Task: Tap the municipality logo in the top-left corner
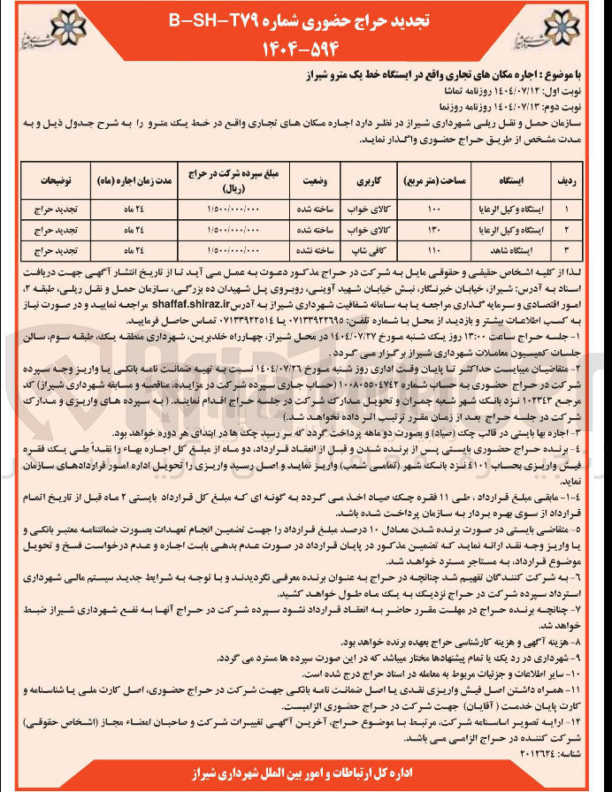tap(34, 29)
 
